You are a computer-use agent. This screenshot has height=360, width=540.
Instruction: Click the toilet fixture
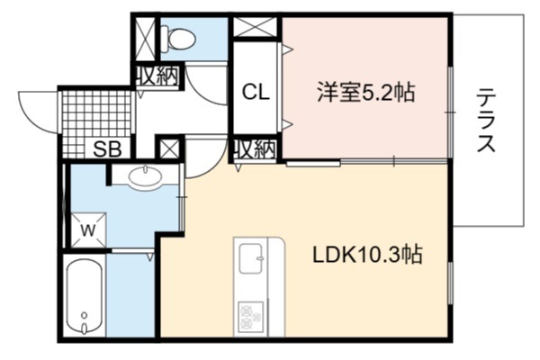point(178,38)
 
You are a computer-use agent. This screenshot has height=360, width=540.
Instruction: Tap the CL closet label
point(256,93)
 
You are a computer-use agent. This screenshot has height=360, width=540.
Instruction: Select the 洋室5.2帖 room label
point(366,92)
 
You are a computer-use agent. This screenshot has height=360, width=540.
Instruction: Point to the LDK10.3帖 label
point(367,255)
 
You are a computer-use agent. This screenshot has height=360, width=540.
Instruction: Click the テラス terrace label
point(486,120)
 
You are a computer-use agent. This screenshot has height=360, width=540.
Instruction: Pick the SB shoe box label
point(108,149)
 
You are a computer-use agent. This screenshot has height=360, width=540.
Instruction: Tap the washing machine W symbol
point(88,230)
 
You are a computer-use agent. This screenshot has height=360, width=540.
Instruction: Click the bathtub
point(85,296)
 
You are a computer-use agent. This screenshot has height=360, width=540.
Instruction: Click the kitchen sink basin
point(251,258)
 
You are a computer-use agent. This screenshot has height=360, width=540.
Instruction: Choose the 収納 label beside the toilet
point(157,76)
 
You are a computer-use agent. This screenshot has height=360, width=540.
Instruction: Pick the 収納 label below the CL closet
point(256,149)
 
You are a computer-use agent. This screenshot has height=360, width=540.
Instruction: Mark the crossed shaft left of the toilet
point(145,38)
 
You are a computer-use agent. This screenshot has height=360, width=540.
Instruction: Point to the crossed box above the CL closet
point(256,27)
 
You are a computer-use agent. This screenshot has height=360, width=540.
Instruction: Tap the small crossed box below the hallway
point(169,148)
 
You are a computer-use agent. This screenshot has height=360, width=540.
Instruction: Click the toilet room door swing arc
point(206,85)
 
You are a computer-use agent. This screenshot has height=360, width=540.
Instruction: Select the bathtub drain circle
point(84,315)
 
